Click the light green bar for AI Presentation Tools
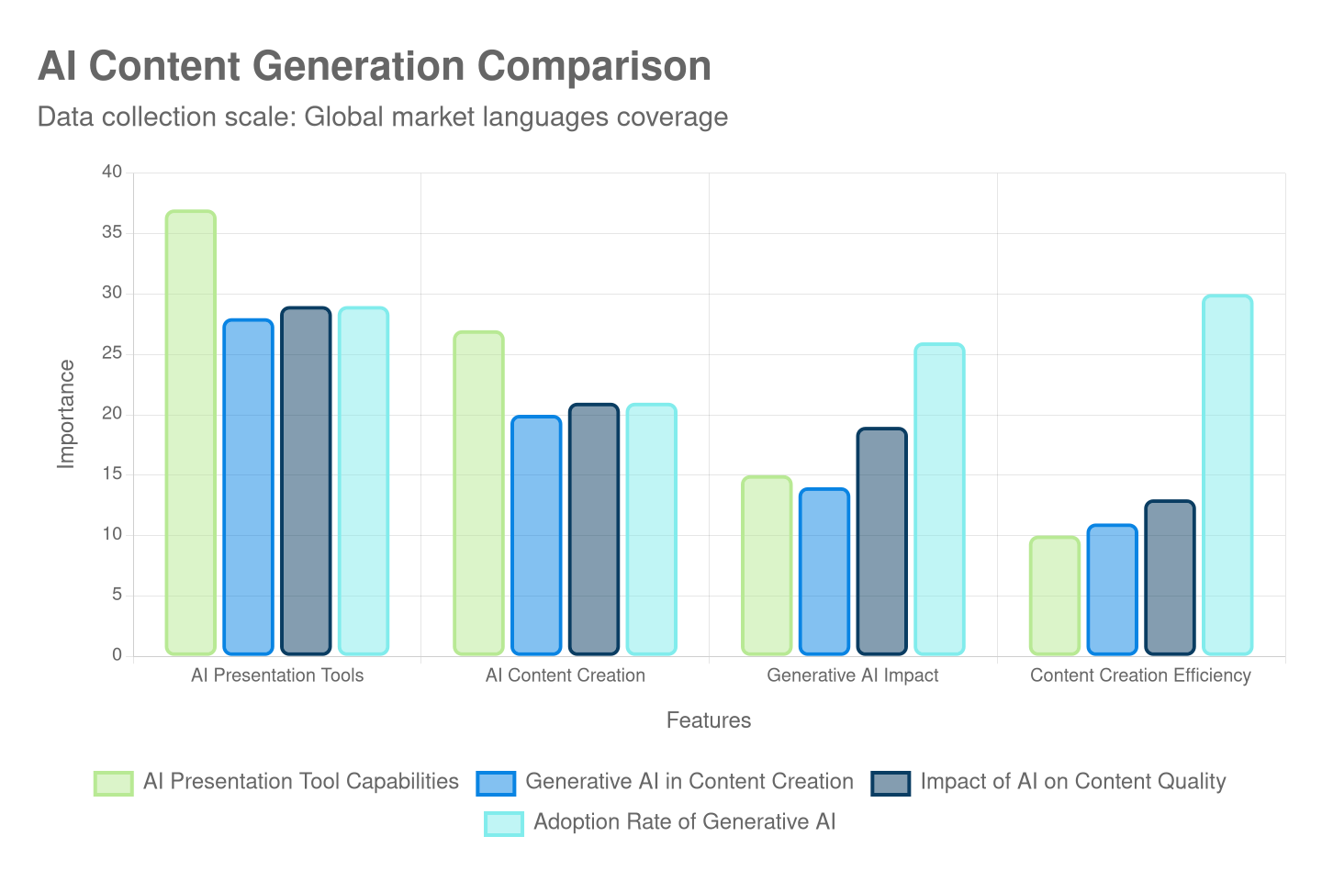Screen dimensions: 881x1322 pos(191,432)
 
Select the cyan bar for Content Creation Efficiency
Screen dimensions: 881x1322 pos(1227,474)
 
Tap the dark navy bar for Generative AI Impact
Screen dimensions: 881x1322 pos(881,541)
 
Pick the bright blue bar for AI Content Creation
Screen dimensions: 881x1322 pos(536,535)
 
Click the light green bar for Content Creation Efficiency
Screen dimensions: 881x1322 pos(1054,596)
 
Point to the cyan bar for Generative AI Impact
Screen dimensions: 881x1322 pos(939,499)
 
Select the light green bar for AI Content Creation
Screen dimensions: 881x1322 pos(478,493)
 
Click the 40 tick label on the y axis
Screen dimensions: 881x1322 pos(112,172)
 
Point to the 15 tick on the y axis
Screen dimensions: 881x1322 pos(112,474)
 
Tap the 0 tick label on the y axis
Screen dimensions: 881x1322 pos(117,654)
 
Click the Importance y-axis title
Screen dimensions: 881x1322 pos(66,414)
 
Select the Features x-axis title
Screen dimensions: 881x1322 pos(708,720)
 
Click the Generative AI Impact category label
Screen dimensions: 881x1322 pos(852,675)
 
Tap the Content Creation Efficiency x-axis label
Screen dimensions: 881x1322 pos(1140,675)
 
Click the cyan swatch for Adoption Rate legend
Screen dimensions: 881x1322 pos(504,823)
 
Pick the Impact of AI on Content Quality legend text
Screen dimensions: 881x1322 pos(1072,782)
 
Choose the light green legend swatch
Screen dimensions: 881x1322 pos(113,783)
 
